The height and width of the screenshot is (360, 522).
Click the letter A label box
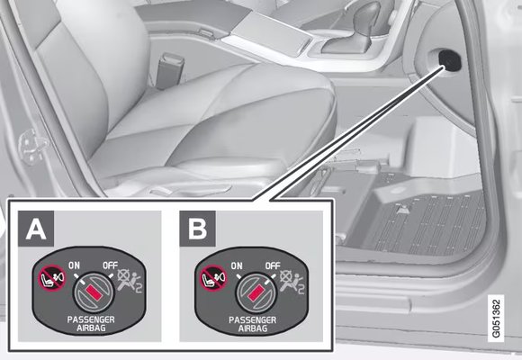point(36,229)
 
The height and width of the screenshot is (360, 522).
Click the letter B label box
point(197,229)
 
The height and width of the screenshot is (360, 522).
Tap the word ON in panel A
point(74,265)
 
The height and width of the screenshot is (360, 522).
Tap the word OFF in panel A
point(110,265)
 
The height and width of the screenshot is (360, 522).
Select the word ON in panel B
point(237,265)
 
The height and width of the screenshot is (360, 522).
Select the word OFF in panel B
point(273,265)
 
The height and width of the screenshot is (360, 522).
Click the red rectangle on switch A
point(94,292)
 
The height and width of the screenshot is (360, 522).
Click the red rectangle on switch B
point(256,292)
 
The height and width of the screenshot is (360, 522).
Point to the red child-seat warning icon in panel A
point(52,278)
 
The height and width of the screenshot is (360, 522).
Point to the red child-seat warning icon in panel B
point(213,278)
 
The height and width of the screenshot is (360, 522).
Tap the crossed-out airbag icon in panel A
point(130,281)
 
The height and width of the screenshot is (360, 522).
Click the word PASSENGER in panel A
point(91,319)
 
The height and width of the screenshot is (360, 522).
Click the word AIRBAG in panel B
point(253,328)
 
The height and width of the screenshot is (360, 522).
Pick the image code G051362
point(496,319)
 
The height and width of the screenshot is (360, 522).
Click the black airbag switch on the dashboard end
point(450,60)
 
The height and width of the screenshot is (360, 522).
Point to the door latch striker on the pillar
point(32,147)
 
